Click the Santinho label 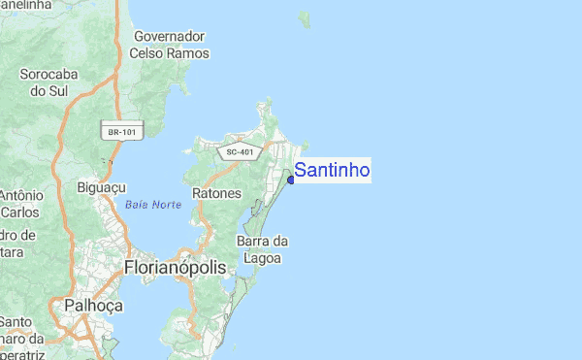tap(332, 171)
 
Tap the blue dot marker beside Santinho tap(291, 179)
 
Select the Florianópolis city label tap(175, 267)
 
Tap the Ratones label tap(216, 193)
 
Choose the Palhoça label tap(93, 306)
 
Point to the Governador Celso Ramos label tap(170, 45)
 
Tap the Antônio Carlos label tap(19, 203)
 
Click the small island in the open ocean tap(304, 17)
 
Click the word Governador tap(170, 36)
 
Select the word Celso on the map tap(149, 53)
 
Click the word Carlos tap(19, 212)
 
